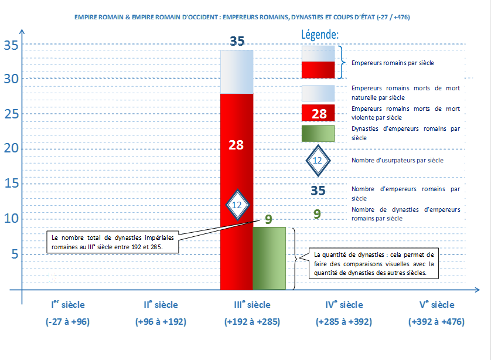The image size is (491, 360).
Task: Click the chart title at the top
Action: click(x=242, y=17)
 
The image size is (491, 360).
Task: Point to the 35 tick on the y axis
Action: click(x=11, y=45)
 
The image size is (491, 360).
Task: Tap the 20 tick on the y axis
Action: click(x=11, y=148)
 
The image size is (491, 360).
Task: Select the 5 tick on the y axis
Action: click(x=15, y=254)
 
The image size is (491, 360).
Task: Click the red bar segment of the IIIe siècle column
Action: click(x=237, y=192)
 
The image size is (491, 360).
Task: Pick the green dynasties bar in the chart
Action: click(x=270, y=259)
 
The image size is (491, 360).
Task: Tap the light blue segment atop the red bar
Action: click(x=237, y=72)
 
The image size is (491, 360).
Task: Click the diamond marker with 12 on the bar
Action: click(x=238, y=205)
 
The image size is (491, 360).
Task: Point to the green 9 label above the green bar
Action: click(x=268, y=219)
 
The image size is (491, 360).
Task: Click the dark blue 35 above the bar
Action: click(x=237, y=41)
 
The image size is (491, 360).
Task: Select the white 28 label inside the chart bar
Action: click(x=236, y=145)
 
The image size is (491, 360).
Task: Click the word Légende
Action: click(x=320, y=35)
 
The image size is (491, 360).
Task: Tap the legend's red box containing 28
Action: click(x=318, y=113)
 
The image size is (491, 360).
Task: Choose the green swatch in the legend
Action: click(x=318, y=134)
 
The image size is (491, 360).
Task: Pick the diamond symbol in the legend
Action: click(x=318, y=161)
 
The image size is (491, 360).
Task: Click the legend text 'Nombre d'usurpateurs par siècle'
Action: click(x=397, y=161)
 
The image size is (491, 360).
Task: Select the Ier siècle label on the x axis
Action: click(x=68, y=304)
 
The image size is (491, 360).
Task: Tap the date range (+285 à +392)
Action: click(x=344, y=322)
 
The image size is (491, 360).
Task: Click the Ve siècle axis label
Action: click(x=437, y=304)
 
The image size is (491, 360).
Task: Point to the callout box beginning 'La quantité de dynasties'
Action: click(x=374, y=263)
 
